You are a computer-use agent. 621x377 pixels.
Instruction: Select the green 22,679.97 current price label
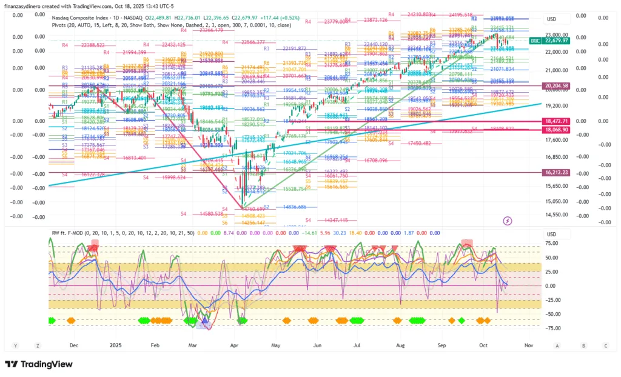[x=556, y=41]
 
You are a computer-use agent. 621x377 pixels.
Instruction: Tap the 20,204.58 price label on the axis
[x=556, y=86]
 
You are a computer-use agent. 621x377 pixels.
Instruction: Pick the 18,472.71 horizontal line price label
[x=556, y=122]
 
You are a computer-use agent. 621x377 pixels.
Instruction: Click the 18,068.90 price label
[x=556, y=130]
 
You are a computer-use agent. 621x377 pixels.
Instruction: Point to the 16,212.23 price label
[x=556, y=173]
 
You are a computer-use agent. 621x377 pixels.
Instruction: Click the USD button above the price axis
[x=551, y=19]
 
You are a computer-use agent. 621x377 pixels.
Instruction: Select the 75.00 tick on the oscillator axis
[x=551, y=243]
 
